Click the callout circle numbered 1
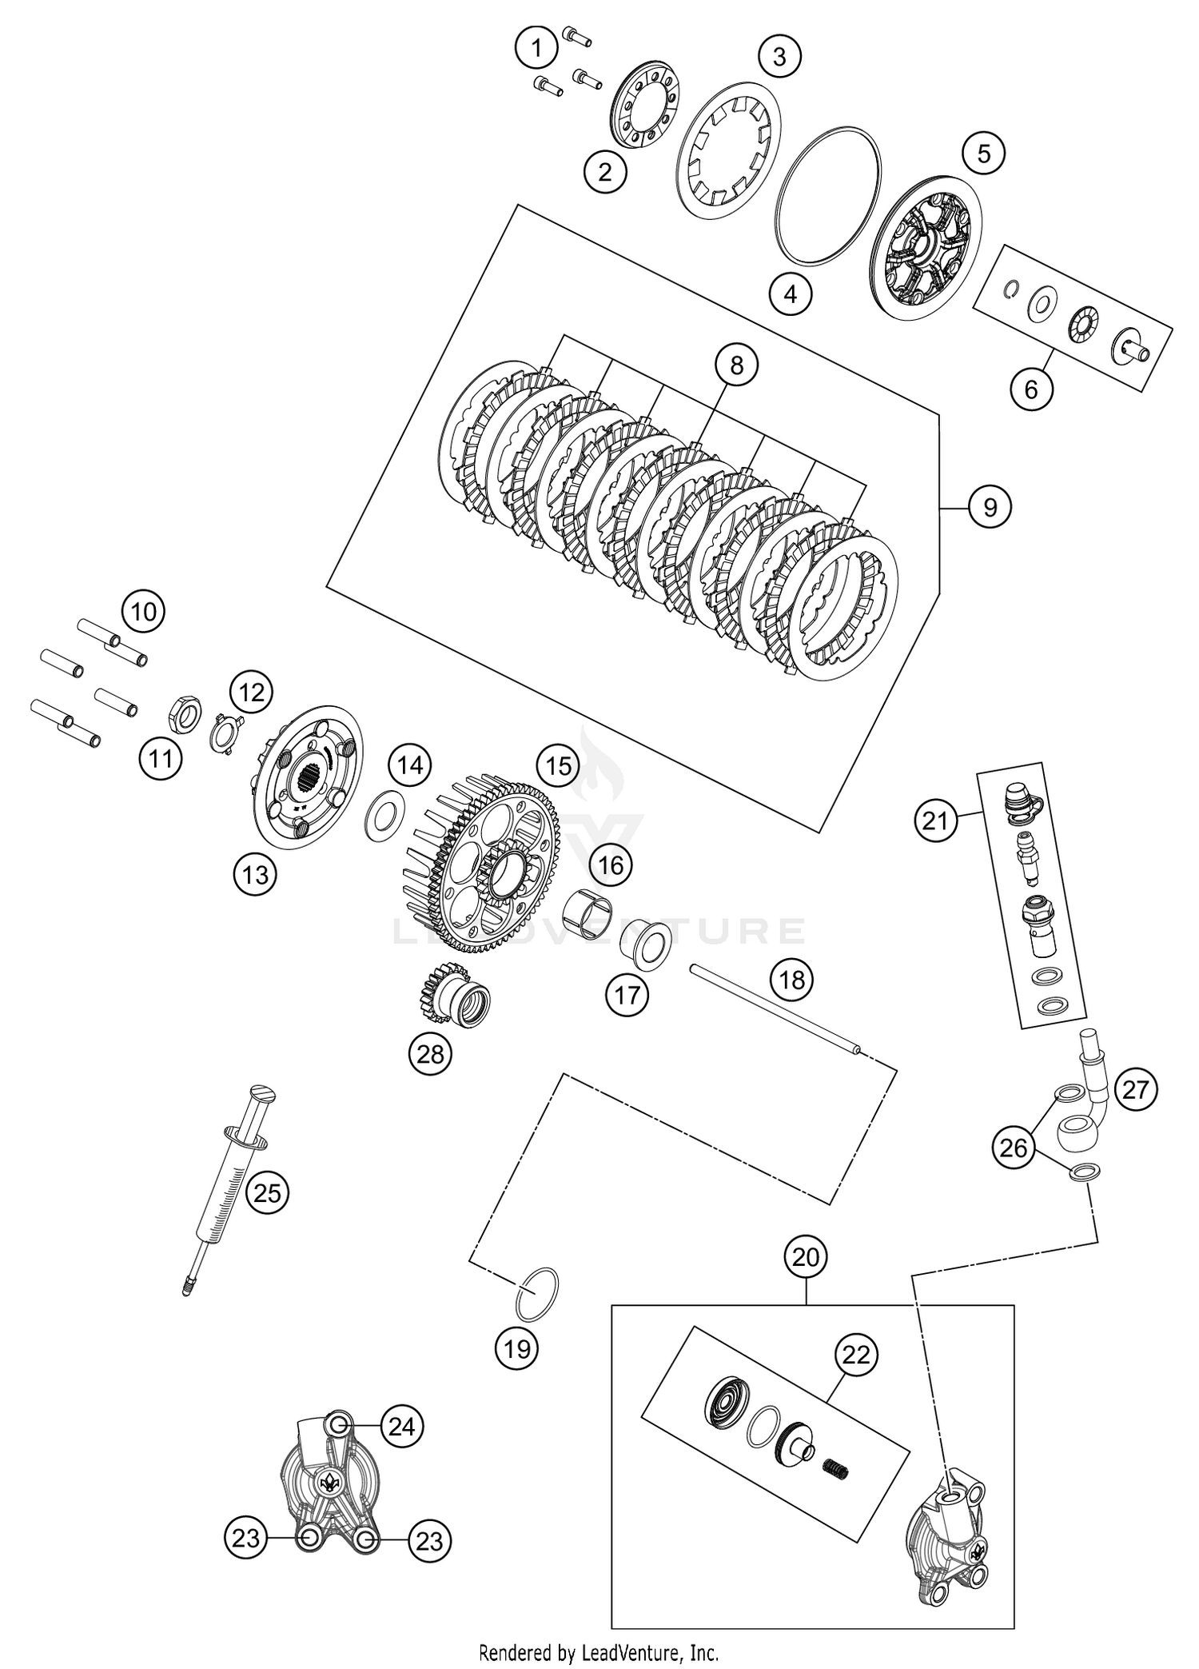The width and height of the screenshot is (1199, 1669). tap(537, 48)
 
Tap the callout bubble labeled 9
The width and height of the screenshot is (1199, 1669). tap(990, 507)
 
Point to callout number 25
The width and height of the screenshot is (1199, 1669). tap(267, 1193)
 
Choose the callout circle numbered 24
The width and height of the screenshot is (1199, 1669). tap(401, 1427)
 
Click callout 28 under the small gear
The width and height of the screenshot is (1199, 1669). tap(430, 1054)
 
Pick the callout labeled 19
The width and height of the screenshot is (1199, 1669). tap(517, 1349)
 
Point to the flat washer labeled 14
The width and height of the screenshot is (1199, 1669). tap(384, 816)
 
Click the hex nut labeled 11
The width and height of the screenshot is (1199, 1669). tap(185, 707)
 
